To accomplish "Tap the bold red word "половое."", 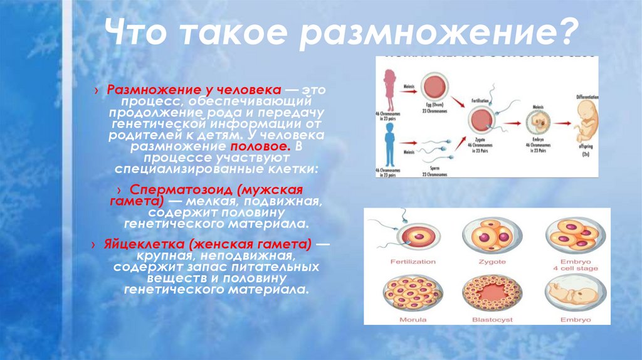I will (x=266, y=147).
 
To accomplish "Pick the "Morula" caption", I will (x=412, y=320).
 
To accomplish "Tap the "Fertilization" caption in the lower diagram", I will (x=412, y=260).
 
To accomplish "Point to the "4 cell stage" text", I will (x=576, y=268).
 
